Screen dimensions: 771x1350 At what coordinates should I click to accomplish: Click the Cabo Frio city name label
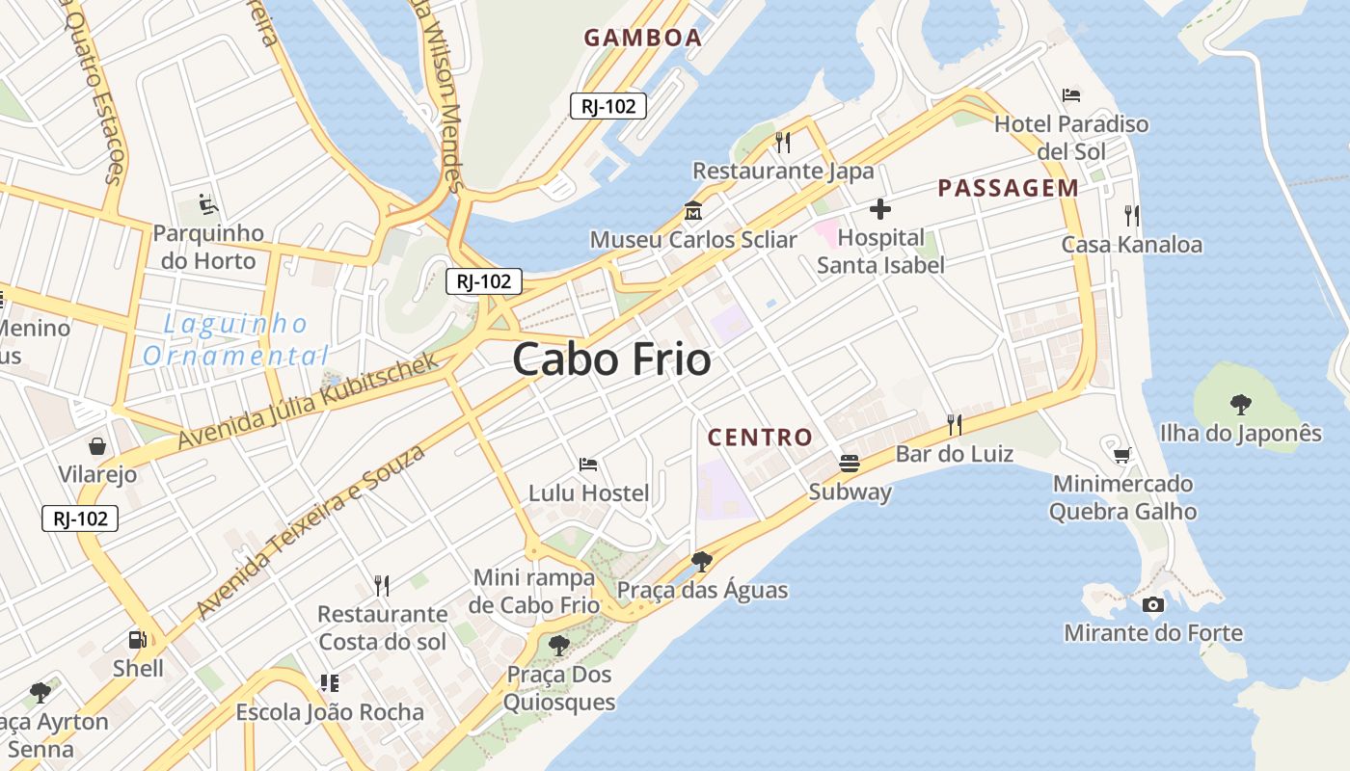point(611,360)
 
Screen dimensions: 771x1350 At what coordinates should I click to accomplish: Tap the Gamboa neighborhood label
point(642,38)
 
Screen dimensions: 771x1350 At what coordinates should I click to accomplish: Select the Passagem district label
point(1008,188)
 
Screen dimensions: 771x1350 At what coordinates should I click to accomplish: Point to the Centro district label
point(760,438)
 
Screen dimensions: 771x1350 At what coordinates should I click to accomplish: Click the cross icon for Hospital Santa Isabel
point(879,208)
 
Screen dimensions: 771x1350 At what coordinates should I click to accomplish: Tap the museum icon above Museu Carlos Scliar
point(692,210)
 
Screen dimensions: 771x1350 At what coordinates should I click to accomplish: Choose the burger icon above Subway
point(849,464)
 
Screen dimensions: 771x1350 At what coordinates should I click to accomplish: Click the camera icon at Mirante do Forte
point(1152,604)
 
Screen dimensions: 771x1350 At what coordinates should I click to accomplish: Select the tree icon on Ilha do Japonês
point(1240,405)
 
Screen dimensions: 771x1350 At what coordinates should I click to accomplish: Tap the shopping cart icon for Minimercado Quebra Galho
point(1121,455)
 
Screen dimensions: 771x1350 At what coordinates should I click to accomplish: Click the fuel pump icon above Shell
point(137,639)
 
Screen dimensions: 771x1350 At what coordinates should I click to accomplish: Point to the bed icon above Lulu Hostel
point(588,465)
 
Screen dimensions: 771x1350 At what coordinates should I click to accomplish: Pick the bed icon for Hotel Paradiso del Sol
point(1070,94)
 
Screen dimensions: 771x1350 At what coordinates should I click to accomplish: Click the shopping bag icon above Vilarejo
point(97,445)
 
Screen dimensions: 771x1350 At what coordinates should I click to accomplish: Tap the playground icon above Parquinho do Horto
point(207,204)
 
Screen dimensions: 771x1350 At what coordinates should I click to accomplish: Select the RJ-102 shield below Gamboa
point(607,106)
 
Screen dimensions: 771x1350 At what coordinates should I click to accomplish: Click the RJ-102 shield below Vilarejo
point(80,518)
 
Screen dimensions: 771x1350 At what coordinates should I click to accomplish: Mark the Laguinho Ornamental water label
point(235,339)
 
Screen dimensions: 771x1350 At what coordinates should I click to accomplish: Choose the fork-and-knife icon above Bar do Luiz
point(954,424)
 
